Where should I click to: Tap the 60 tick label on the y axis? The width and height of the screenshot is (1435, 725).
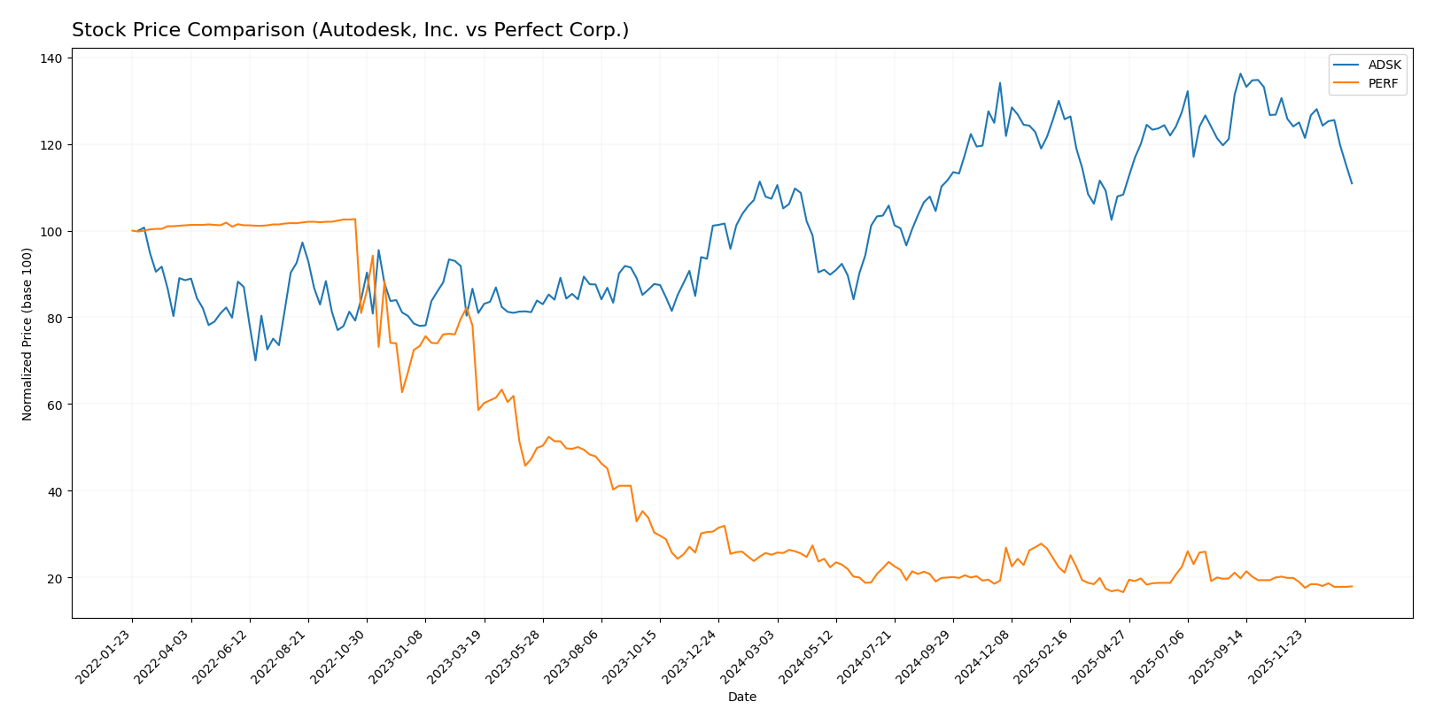(x=54, y=405)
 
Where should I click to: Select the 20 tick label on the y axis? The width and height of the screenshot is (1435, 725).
(x=54, y=578)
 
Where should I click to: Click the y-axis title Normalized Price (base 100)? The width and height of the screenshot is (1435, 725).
(x=27, y=334)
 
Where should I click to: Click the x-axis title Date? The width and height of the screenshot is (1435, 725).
(x=741, y=698)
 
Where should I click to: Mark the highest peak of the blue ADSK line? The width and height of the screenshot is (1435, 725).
(x=1240, y=73)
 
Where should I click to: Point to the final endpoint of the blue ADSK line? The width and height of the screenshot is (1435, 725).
(x=1352, y=183)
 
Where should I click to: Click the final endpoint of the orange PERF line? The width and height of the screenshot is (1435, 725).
(x=1352, y=586)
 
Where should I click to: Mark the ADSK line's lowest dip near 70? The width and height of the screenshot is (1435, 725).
(x=255, y=360)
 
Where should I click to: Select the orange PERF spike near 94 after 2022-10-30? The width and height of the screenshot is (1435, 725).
(x=373, y=256)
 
